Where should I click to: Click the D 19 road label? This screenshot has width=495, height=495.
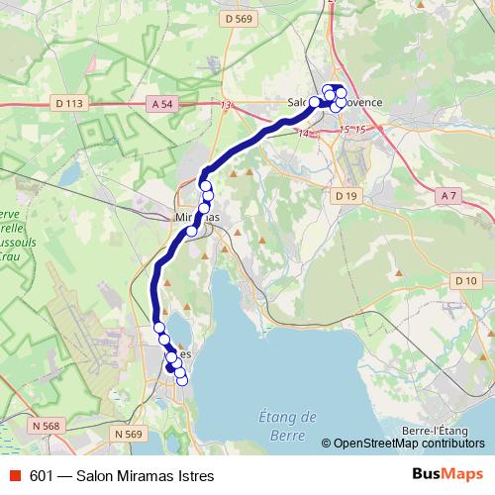[346, 196]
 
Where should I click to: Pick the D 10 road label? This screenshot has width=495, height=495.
[466, 282]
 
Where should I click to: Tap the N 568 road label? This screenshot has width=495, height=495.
[46, 427]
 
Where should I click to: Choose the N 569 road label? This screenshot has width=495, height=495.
[129, 434]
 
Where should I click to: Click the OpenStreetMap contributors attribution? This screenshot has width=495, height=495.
[409, 444]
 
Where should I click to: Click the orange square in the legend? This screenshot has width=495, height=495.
[13, 475]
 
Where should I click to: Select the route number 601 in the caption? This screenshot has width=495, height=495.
[41, 475]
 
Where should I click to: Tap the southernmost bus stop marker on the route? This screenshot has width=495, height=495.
[181, 380]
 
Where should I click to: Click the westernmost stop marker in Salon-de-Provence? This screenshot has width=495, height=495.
[315, 102]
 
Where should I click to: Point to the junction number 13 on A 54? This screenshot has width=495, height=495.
[227, 105]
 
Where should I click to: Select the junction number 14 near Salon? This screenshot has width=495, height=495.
[303, 134]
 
